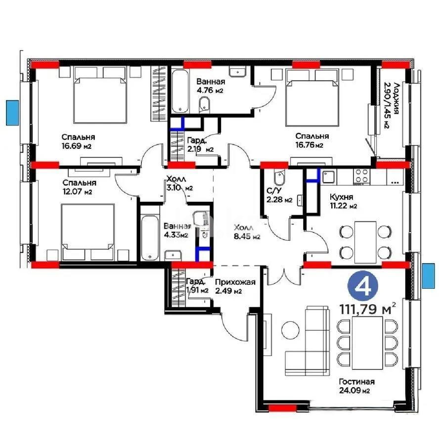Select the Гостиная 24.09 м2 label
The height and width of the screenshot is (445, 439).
pyautogui.click(x=356, y=386)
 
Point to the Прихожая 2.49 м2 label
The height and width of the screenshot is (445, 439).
pyautogui.click(x=235, y=286)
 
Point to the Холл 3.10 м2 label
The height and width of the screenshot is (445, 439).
pyautogui.click(x=178, y=184)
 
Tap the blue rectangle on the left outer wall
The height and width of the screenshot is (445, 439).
pyautogui.click(x=11, y=112)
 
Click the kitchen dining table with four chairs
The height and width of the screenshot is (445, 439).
pyautogui.click(x=365, y=242)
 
